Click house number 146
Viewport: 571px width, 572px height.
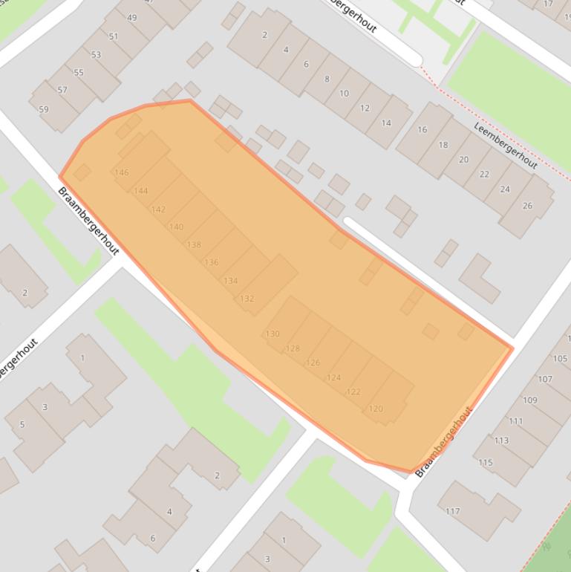(x=122, y=172)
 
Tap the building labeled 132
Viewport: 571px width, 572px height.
(x=247, y=299)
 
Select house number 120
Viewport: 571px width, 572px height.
(x=376, y=409)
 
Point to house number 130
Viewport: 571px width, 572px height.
(x=273, y=334)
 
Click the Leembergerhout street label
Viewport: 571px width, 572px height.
(x=505, y=145)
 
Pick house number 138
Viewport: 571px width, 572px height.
(x=194, y=244)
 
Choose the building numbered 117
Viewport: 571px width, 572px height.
(x=453, y=511)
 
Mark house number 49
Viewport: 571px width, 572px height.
(x=132, y=18)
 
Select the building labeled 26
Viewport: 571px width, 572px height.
(x=527, y=206)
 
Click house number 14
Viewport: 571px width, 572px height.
(x=386, y=123)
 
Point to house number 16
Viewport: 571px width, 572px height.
(x=422, y=129)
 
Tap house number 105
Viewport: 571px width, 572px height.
(x=560, y=359)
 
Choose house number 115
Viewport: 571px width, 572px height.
(x=486, y=462)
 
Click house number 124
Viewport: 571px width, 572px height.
(x=334, y=377)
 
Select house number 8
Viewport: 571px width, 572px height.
(x=327, y=79)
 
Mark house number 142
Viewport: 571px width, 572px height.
(x=158, y=209)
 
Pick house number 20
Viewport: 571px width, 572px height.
(x=464, y=160)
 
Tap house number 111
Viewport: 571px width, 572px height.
(x=515, y=421)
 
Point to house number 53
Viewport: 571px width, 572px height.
(x=96, y=55)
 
